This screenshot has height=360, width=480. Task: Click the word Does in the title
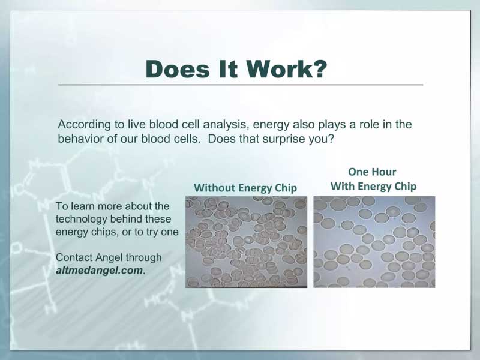pos(178,69)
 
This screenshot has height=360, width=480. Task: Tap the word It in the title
pos(228,69)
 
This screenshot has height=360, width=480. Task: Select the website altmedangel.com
pos(100,271)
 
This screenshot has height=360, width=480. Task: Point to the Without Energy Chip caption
pos(245,188)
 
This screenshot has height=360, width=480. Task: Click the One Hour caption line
pos(372,172)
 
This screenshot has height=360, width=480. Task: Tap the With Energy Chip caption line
pos(373,186)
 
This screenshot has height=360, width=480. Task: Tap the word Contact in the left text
pos(74,257)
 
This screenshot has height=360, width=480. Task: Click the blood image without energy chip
pos(246,242)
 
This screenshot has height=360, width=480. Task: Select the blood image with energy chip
pos(374,242)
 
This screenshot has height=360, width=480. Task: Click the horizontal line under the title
pos(241,85)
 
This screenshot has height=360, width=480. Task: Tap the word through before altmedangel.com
pos(143,258)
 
